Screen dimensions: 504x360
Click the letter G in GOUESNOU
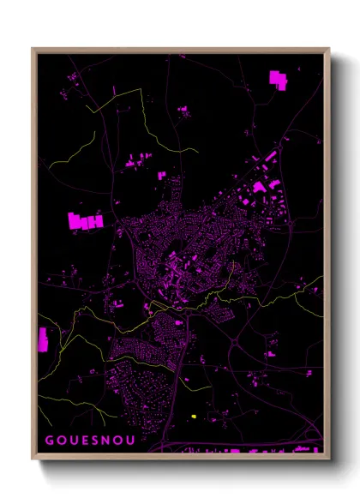(49, 441)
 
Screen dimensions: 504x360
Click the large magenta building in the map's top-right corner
(278, 79)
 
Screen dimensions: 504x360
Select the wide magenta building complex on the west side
(85, 220)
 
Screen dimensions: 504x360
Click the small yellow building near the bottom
(195, 416)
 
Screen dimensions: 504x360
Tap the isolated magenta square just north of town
(161, 175)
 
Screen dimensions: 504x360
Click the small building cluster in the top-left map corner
(72, 78)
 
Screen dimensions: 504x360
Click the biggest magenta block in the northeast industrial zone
(258, 187)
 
